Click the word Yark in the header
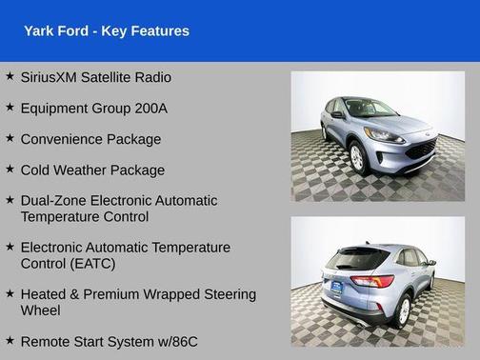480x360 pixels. tap(40, 31)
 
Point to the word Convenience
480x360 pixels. tap(63, 139)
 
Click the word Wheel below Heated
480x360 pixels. tap(41, 310)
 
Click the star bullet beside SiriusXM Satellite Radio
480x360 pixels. tap(10, 76)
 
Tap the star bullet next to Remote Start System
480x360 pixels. tap(10, 339)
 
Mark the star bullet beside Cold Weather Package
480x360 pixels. tap(10, 169)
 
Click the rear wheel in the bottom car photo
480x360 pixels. tap(403, 309)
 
